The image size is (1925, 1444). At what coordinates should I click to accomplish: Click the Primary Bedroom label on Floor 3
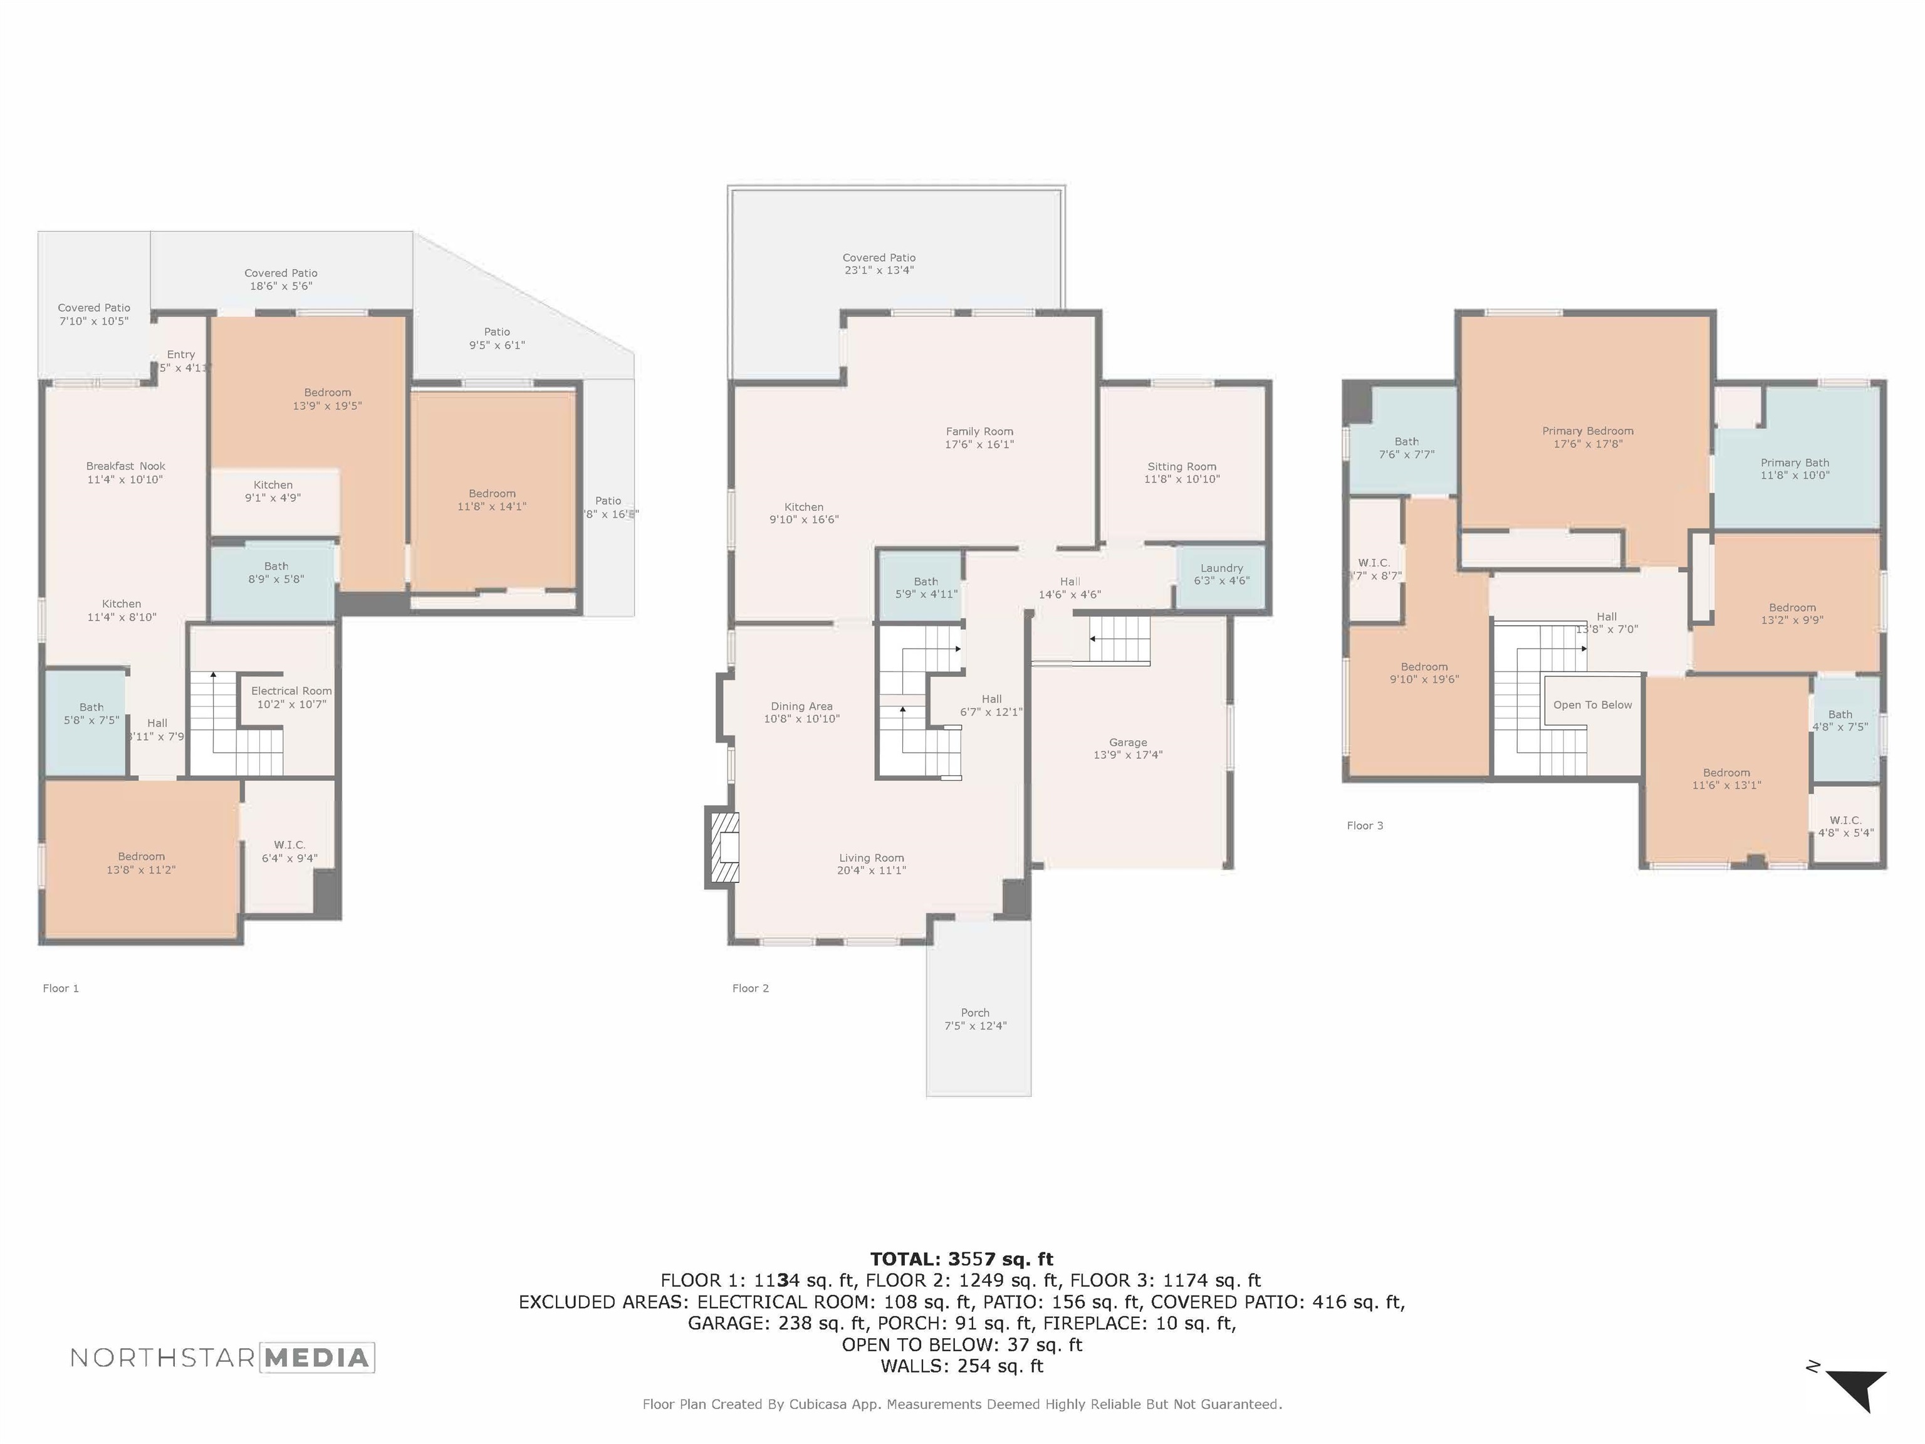pyautogui.click(x=1587, y=431)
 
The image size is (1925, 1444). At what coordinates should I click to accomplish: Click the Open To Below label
pyautogui.click(x=1592, y=705)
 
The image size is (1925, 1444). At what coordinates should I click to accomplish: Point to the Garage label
pyautogui.click(x=1128, y=743)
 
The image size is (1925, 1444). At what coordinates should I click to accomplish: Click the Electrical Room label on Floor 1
pyautogui.click(x=291, y=691)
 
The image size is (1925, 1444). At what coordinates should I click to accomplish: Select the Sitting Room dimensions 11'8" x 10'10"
pyautogui.click(x=1182, y=479)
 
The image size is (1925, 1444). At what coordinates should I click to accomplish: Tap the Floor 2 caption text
pyautogui.click(x=750, y=988)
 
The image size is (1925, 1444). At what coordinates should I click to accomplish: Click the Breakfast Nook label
pyautogui.click(x=125, y=466)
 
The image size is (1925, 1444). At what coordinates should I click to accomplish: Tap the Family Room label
pyautogui.click(x=979, y=432)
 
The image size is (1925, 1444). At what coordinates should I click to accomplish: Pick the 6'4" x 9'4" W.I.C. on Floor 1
pyautogui.click(x=289, y=851)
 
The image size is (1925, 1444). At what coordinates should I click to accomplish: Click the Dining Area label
pyautogui.click(x=801, y=707)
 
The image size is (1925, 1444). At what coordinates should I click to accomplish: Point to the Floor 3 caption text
pyautogui.click(x=1365, y=825)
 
